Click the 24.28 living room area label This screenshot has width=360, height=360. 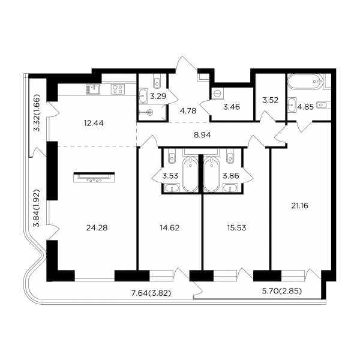click(x=97, y=228)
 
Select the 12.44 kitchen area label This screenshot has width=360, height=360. click(x=94, y=123)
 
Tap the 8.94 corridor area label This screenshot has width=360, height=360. click(x=202, y=135)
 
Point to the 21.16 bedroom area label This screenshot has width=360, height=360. click(x=300, y=206)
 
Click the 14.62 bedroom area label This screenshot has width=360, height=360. click(x=170, y=228)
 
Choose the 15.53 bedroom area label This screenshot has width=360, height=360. click(x=237, y=228)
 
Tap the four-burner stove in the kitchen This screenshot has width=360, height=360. click(x=118, y=89)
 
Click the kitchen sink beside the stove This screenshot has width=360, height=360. click(x=93, y=89)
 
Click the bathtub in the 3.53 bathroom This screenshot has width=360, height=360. click(x=190, y=174)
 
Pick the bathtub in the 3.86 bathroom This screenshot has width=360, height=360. click(x=212, y=174)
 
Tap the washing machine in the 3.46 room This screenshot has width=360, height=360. click(x=217, y=94)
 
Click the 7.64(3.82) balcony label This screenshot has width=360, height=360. click(x=151, y=293)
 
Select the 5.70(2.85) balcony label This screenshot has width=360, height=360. click(x=282, y=291)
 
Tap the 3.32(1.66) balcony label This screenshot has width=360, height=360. click(x=37, y=113)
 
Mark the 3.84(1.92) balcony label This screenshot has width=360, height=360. click(x=37, y=208)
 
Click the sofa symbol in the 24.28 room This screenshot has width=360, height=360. click(x=94, y=178)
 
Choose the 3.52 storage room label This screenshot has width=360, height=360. click(x=270, y=100)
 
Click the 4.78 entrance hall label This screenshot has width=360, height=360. click(x=188, y=111)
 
